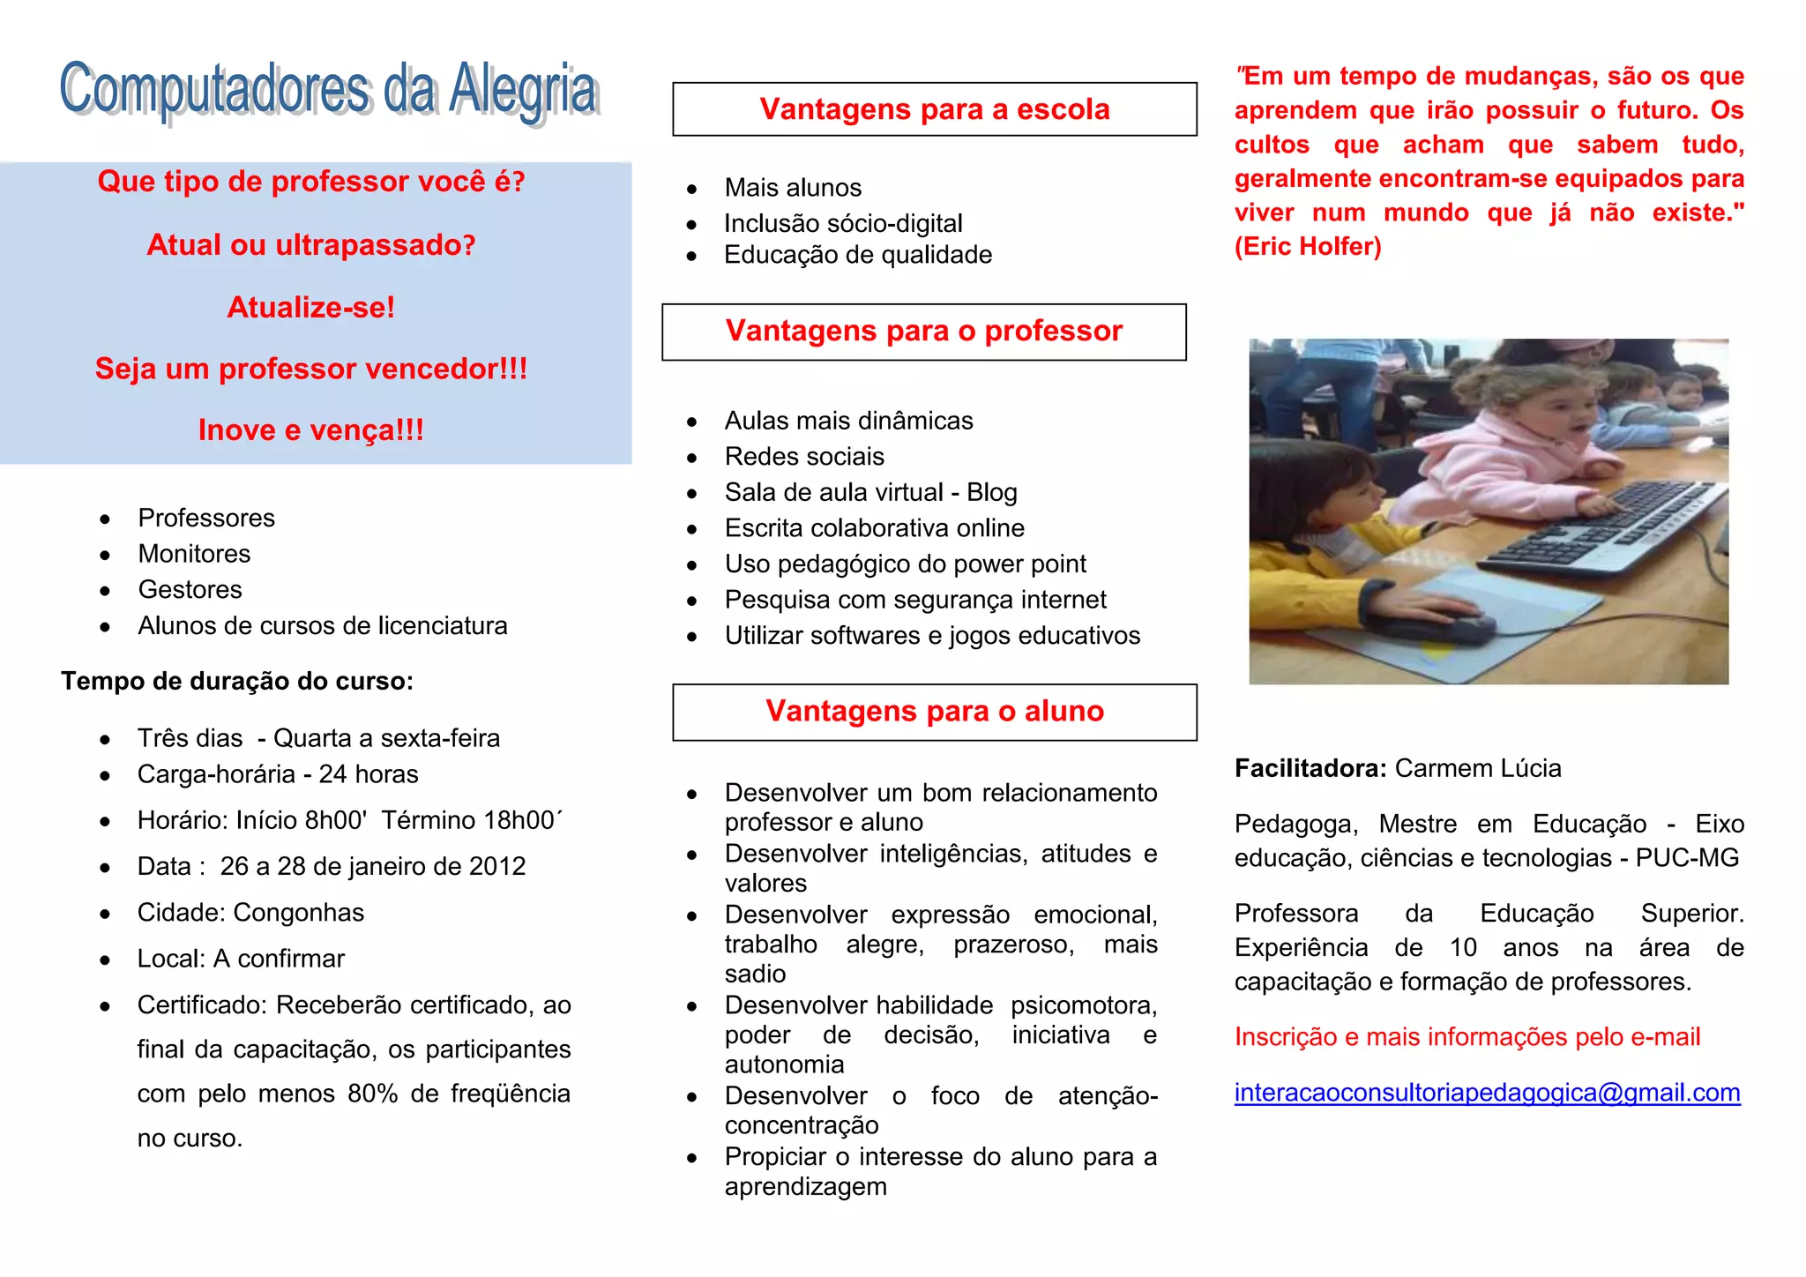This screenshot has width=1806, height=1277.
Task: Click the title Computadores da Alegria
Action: tap(330, 91)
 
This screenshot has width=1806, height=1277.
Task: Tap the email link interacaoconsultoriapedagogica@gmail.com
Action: tap(1487, 1093)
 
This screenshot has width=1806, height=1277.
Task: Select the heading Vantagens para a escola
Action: tap(934, 109)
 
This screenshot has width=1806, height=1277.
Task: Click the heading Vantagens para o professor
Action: tap(923, 331)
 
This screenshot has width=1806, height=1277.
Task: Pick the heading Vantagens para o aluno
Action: tap(934, 711)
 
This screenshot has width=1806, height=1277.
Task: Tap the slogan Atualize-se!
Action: tap(310, 307)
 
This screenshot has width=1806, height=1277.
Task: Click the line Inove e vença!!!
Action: tap(310, 429)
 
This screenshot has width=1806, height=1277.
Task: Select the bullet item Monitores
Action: tap(194, 554)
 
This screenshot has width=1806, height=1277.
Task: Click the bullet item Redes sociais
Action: tap(803, 457)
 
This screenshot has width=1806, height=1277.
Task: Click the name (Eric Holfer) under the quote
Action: tap(1307, 247)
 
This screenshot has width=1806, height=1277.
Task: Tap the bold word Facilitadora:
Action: tap(1310, 768)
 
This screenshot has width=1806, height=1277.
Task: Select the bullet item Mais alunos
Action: tap(792, 188)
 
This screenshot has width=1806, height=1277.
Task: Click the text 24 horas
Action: tap(368, 774)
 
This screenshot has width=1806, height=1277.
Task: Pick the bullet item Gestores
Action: tap(190, 590)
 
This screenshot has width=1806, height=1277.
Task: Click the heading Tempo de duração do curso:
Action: tap(236, 682)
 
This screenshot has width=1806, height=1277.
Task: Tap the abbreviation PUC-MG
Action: tap(1686, 858)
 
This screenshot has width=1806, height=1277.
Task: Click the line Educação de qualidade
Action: tap(857, 255)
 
